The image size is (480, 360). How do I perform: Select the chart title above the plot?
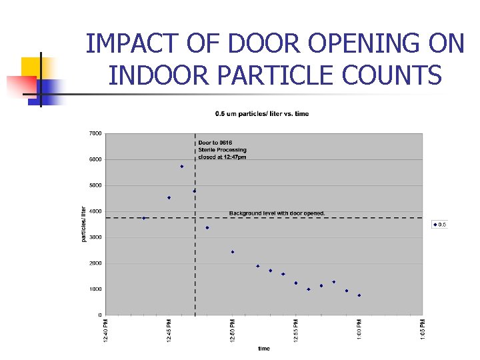[261, 114]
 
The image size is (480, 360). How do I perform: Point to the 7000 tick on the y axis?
[95, 133]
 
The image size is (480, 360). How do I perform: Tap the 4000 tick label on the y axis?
[95, 211]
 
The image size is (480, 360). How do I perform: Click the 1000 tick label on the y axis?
[95, 289]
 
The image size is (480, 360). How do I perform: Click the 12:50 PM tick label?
[233, 331]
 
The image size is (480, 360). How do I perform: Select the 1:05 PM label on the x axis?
[422, 331]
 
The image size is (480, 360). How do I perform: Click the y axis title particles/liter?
[83, 223]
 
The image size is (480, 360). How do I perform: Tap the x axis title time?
[264, 349]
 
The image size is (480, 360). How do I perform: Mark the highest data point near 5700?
[181, 167]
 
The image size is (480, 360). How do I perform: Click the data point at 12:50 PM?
[233, 252]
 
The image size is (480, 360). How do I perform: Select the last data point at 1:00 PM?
[359, 295]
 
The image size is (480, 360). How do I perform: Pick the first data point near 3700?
[144, 218]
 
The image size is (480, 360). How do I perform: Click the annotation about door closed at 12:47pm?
[222, 150]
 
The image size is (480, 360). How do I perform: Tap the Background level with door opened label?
[277, 213]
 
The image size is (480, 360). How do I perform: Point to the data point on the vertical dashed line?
[195, 191]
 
